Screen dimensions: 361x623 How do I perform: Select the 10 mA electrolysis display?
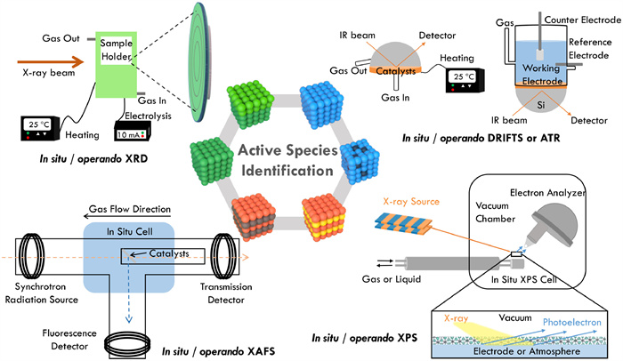[134, 132]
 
